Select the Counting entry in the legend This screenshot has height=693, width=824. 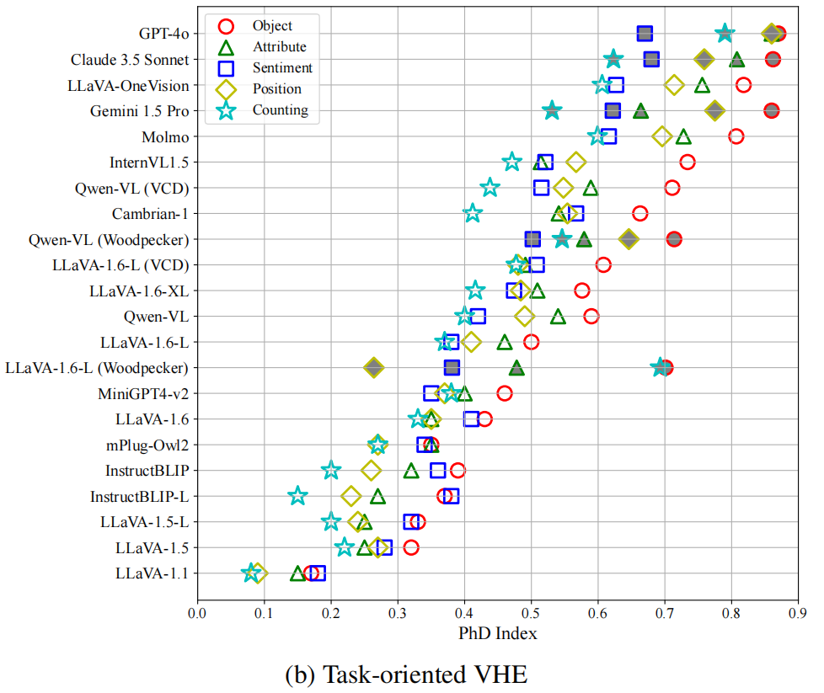pos(280,109)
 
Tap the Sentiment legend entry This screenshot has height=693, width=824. pos(282,68)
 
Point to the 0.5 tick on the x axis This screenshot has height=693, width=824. pos(531,613)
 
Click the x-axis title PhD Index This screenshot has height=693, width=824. pos(497,633)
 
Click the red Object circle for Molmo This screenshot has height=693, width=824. pos(736,136)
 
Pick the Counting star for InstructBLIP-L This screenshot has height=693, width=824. pos(297,496)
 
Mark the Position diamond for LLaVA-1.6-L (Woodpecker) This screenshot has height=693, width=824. pos(374,367)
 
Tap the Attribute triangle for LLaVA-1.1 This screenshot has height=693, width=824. pos(297,573)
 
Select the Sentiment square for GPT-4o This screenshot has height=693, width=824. pos(645,34)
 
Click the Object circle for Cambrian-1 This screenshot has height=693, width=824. pos(640,213)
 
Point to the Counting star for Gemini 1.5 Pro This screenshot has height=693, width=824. pos(552,110)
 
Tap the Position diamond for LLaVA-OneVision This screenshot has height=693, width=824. pos(674,85)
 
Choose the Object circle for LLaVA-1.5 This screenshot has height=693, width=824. pos(411,547)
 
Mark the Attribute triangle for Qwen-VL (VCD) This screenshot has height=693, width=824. pos(591,188)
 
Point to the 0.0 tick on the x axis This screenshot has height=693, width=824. pos(197,613)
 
